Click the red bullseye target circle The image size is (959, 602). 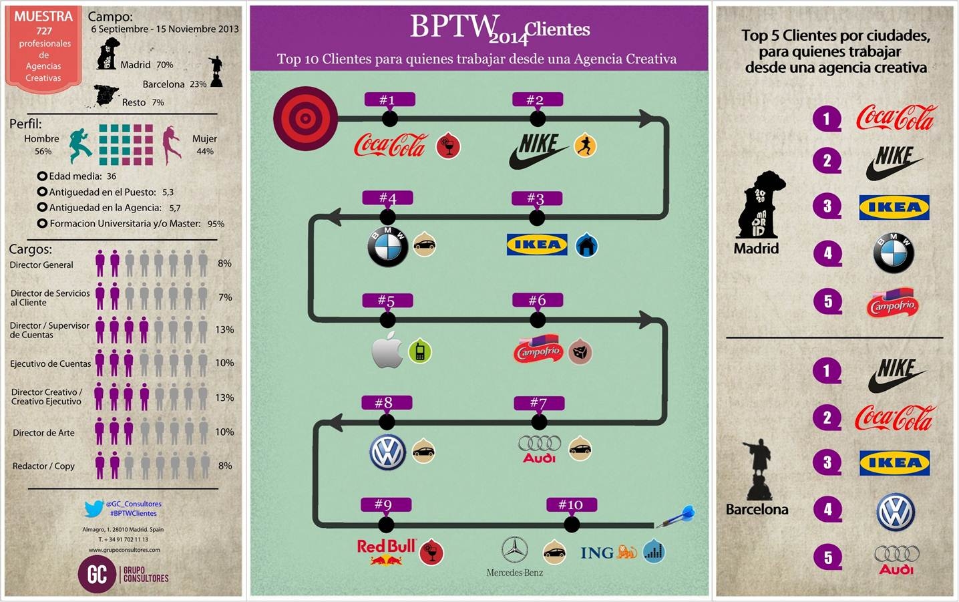[x=305, y=118]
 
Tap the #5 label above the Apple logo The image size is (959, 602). [x=387, y=301]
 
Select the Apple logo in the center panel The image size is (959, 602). [x=387, y=349]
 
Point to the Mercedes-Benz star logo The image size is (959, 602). [x=514, y=550]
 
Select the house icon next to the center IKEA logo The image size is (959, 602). [x=586, y=245]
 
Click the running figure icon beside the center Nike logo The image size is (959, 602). [x=585, y=146]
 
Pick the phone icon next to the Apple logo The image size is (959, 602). [x=420, y=351]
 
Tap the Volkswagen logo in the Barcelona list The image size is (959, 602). [x=895, y=512]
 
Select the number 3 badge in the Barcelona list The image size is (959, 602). [x=827, y=462]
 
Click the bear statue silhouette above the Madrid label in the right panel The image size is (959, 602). [x=761, y=205]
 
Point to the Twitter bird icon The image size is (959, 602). [x=93, y=508]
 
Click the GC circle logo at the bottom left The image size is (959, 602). [x=97, y=574]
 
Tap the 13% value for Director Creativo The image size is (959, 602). [x=224, y=398]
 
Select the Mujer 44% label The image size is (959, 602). [x=204, y=144]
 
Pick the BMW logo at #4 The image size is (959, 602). [x=387, y=247]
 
